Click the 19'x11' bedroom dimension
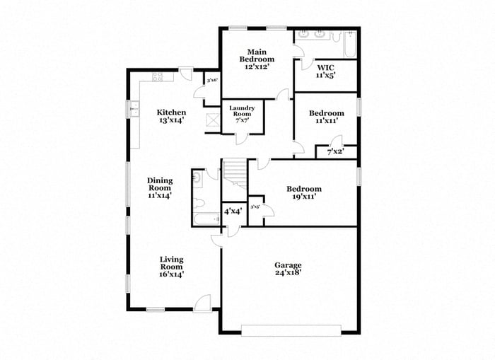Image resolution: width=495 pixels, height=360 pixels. pyautogui.click(x=304, y=197)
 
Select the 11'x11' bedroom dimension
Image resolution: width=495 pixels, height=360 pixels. pyautogui.click(x=326, y=121)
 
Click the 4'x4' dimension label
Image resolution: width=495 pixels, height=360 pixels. pyautogui.click(x=233, y=211)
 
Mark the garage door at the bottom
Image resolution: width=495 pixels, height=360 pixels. pyautogui.click(x=291, y=330)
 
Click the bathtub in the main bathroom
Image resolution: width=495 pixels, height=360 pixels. pyautogui.click(x=349, y=44)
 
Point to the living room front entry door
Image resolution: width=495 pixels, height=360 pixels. pyautogui.click(x=203, y=304)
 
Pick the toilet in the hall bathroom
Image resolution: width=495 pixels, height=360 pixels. pyautogui.click(x=197, y=180)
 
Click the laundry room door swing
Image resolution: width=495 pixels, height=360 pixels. pyautogui.click(x=242, y=137)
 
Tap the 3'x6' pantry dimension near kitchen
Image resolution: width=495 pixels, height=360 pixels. pyautogui.click(x=212, y=81)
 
